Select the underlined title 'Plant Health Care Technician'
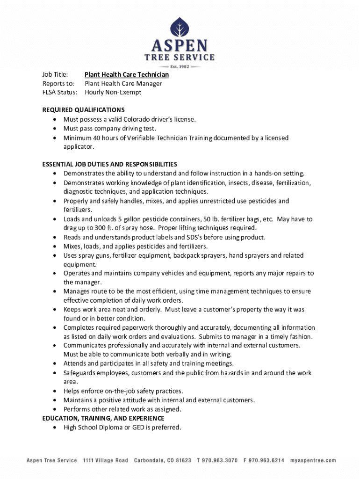point(127,75)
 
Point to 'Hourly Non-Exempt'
point(113,93)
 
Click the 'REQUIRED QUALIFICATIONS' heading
point(83,110)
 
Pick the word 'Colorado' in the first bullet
point(137,119)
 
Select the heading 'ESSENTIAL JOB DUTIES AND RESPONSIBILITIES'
point(109,165)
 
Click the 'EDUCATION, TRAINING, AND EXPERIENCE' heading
point(103,418)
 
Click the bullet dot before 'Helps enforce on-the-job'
point(56,391)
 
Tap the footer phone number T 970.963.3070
point(217,461)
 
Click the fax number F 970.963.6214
point(264,461)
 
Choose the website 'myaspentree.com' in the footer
point(313,461)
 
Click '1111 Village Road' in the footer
point(106,461)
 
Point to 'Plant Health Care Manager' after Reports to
point(123,84)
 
